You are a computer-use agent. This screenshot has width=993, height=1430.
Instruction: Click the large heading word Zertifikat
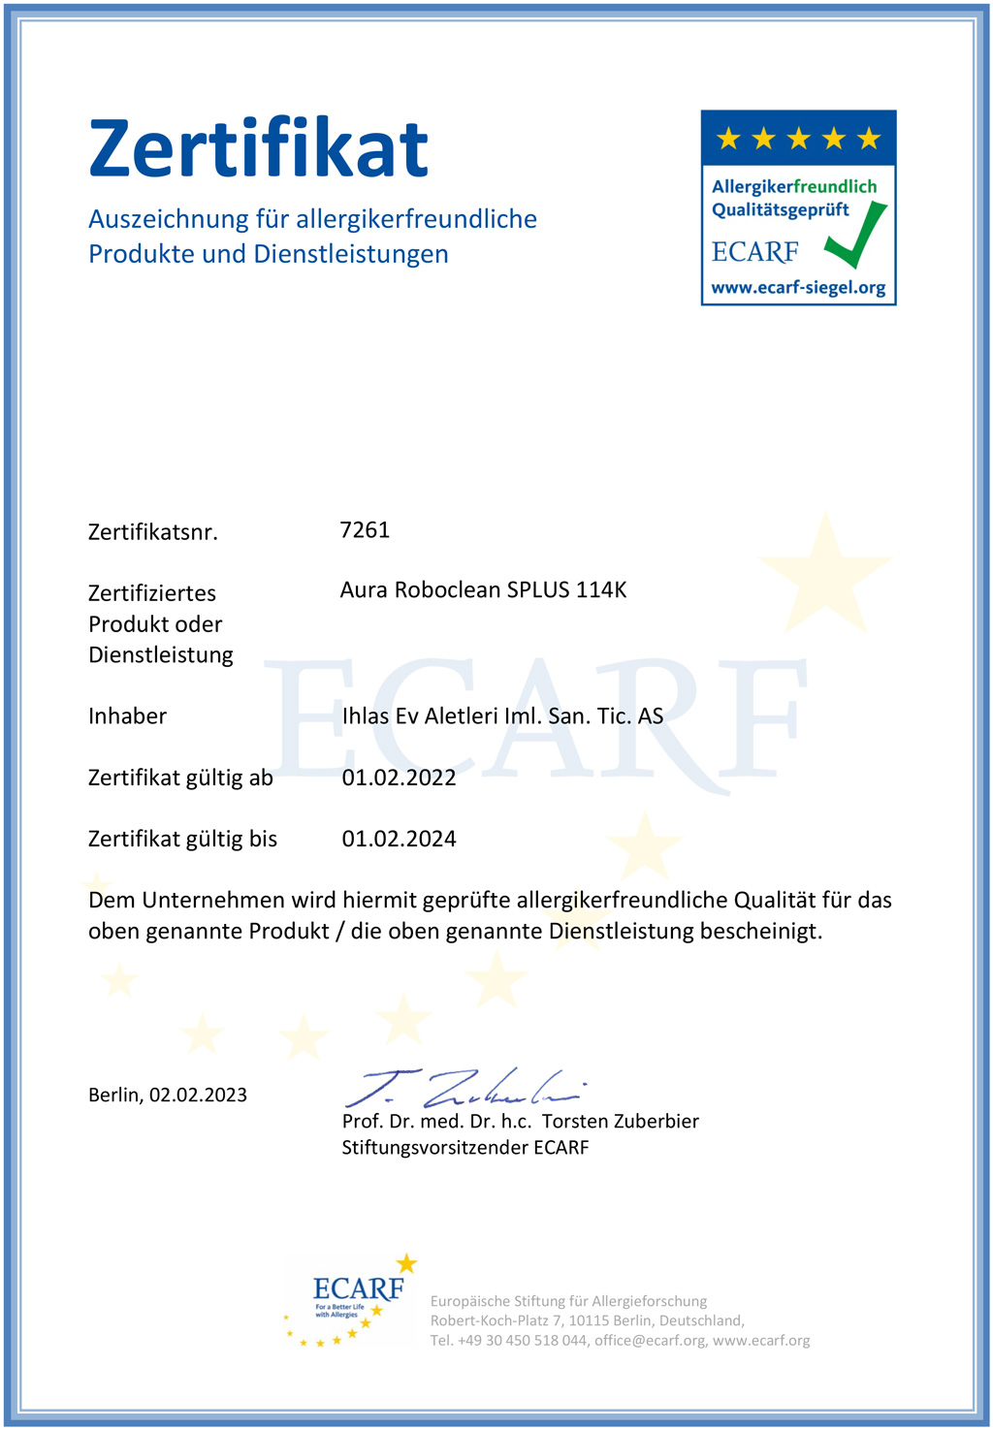click(258, 148)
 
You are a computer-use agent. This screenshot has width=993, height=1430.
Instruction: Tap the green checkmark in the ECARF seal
click(856, 236)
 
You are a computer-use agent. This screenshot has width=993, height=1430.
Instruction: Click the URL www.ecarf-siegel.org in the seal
click(798, 288)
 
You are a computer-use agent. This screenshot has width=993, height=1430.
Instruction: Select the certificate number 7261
click(365, 529)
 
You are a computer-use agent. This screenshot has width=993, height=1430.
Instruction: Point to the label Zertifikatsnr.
click(153, 532)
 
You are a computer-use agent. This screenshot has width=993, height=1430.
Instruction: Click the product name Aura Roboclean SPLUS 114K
click(483, 589)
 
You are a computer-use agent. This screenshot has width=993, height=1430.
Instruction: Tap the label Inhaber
click(127, 716)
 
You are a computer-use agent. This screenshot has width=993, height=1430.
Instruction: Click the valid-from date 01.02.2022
click(399, 778)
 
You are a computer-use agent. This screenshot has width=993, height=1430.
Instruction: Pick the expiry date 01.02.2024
click(399, 839)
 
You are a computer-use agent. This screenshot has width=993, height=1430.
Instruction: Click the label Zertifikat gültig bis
click(182, 839)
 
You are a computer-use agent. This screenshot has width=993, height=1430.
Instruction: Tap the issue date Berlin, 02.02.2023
click(168, 1095)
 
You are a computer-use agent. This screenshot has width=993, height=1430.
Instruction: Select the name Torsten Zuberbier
click(620, 1122)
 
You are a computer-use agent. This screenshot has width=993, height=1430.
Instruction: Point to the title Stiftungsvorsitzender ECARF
click(465, 1148)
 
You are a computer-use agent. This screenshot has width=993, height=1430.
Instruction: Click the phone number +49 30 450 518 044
click(522, 1341)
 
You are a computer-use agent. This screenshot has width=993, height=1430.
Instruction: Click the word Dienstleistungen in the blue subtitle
click(351, 254)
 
